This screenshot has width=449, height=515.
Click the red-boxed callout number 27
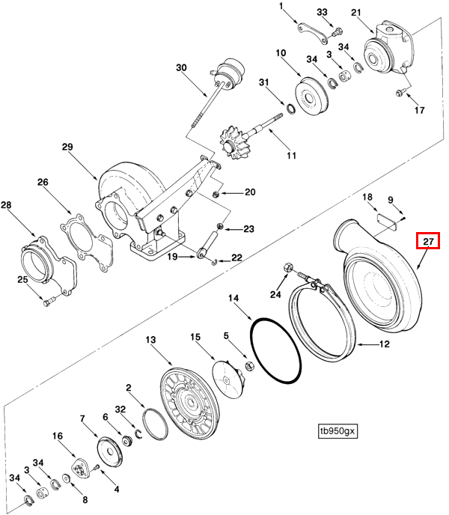428,241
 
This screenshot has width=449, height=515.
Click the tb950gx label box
337,431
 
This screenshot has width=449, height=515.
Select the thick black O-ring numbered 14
275,350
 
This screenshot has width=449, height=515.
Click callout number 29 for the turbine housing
67,147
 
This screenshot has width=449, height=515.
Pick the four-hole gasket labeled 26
87,243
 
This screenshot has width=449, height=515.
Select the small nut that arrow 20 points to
216,194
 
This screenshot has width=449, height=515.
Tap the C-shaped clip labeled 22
215,262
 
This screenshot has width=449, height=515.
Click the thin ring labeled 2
156,424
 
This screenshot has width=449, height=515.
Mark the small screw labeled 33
336,32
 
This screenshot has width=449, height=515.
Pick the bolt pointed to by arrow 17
400,94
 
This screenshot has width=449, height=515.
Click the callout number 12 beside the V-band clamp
384,344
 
